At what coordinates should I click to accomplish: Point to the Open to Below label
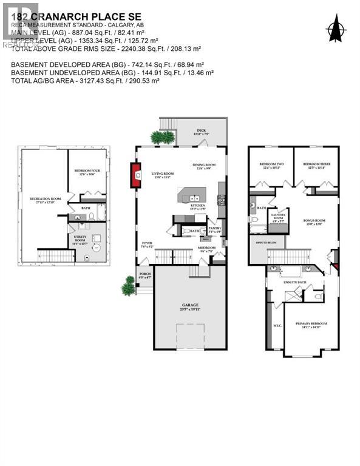[267, 243]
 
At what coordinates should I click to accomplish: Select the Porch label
[145, 275]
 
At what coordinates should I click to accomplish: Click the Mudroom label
[207, 248]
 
